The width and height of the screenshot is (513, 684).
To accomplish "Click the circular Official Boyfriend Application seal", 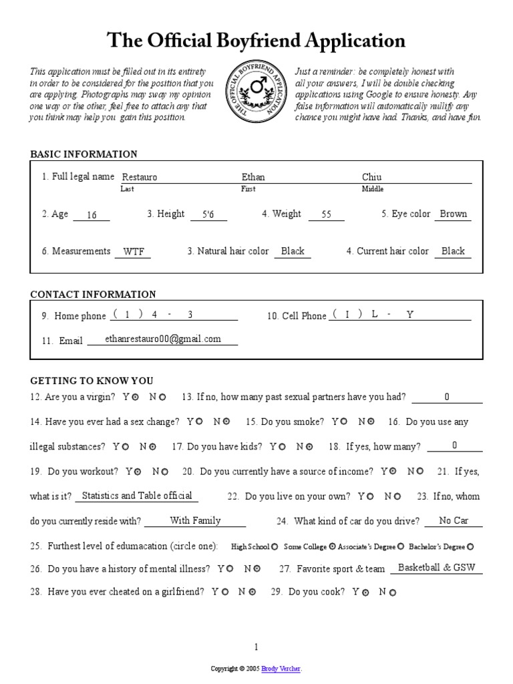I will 254,93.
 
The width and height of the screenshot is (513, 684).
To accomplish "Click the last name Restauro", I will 139,178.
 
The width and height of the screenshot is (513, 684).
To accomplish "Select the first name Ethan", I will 253,177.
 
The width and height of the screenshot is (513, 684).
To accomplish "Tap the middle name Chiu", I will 371,177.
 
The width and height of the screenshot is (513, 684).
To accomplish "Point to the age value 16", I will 92,215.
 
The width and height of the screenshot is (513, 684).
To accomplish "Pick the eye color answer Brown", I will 454,214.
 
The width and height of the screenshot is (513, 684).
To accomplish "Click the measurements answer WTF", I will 134,252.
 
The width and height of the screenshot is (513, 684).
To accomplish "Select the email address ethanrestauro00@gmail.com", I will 163,339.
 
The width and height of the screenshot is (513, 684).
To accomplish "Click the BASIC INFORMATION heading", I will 83,154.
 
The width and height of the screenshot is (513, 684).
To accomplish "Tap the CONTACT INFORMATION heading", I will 93,295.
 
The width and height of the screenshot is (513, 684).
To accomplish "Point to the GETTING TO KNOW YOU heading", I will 92,381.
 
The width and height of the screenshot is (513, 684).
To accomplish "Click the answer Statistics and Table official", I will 136,496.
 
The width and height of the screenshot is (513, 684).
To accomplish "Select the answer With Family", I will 195,520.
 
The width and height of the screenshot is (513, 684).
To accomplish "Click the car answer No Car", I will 454,520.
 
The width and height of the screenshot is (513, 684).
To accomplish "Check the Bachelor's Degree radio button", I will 470,547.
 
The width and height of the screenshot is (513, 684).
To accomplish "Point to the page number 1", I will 256,647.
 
